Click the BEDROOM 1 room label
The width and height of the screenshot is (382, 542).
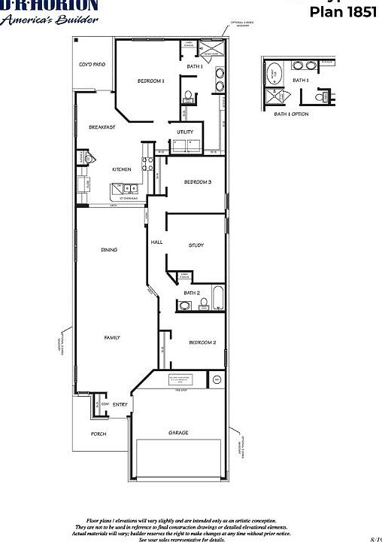point(150,81)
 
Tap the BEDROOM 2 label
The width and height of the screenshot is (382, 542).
point(202,343)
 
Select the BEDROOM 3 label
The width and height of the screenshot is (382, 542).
point(198,182)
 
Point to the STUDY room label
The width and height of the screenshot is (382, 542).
point(196,245)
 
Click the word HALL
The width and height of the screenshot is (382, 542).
point(157,242)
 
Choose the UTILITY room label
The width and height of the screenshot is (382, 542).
point(185,132)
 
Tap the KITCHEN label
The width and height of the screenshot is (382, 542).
point(122,169)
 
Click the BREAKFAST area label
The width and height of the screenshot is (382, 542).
point(102,127)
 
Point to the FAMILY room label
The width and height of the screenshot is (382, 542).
point(111,338)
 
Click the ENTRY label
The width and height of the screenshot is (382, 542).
point(120,405)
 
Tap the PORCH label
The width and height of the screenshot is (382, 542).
point(99,434)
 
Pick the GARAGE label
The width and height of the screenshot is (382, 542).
point(178,433)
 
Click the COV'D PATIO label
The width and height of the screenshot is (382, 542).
point(92,65)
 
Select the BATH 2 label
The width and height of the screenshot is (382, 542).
point(192,293)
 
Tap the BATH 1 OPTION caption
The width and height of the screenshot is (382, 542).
point(292,114)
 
